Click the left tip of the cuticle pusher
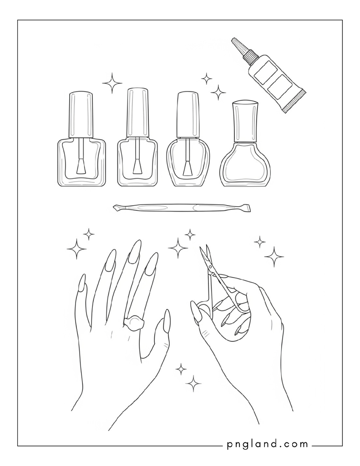114,208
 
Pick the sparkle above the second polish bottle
112,83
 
